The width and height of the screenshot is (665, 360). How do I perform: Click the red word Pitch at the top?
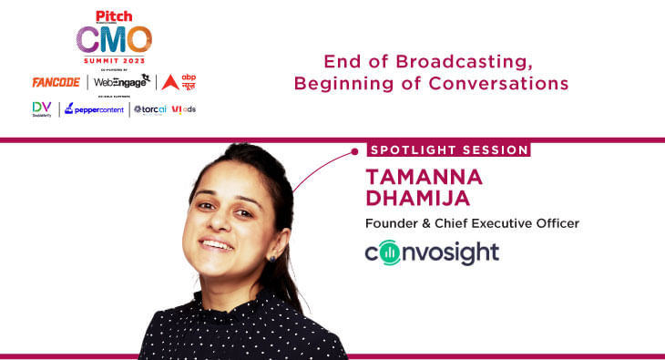[x=114, y=13]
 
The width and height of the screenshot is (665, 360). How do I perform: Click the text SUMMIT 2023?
[x=114, y=60]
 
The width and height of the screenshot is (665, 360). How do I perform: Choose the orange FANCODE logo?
[x=56, y=82]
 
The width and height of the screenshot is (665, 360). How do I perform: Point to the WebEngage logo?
[x=121, y=82]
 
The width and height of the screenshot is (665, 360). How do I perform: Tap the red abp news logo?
[x=179, y=82]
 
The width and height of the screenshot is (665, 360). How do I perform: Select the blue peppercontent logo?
[x=94, y=109]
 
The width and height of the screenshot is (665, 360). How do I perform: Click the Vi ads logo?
[x=183, y=109]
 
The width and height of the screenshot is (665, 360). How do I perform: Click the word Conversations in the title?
[x=500, y=83]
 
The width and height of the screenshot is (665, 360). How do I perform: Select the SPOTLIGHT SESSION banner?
[x=448, y=149]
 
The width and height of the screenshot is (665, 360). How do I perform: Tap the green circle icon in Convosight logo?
[x=389, y=252]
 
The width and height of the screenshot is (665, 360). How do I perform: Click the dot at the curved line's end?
[x=354, y=150]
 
